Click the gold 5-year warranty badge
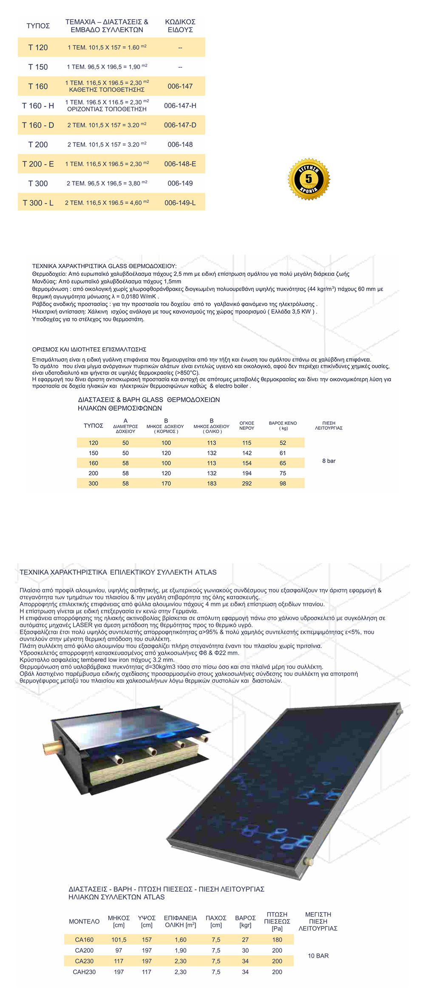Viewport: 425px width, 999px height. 309,179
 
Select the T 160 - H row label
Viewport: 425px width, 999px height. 38,106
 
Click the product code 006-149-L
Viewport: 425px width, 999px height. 180,203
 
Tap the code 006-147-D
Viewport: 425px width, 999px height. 180,125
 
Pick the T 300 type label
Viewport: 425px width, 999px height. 38,184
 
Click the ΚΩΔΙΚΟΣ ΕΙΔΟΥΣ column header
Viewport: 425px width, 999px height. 180,26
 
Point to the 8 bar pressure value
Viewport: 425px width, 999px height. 329,461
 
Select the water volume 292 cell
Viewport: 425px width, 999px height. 247,484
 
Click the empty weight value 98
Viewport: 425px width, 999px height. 283,484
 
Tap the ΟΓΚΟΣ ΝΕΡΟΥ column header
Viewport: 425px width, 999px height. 247,426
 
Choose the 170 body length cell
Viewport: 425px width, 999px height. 166,484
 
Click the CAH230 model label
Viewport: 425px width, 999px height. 84,972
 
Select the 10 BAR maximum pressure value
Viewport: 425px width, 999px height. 318,956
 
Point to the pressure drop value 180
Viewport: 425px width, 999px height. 277,939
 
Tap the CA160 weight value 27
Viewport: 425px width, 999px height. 245,939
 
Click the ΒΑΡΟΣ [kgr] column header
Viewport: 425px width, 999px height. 245,921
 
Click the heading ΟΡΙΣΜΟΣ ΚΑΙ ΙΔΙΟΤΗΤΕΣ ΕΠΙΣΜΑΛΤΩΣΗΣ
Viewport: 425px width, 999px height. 89,349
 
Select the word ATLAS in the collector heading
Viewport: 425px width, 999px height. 206,572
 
